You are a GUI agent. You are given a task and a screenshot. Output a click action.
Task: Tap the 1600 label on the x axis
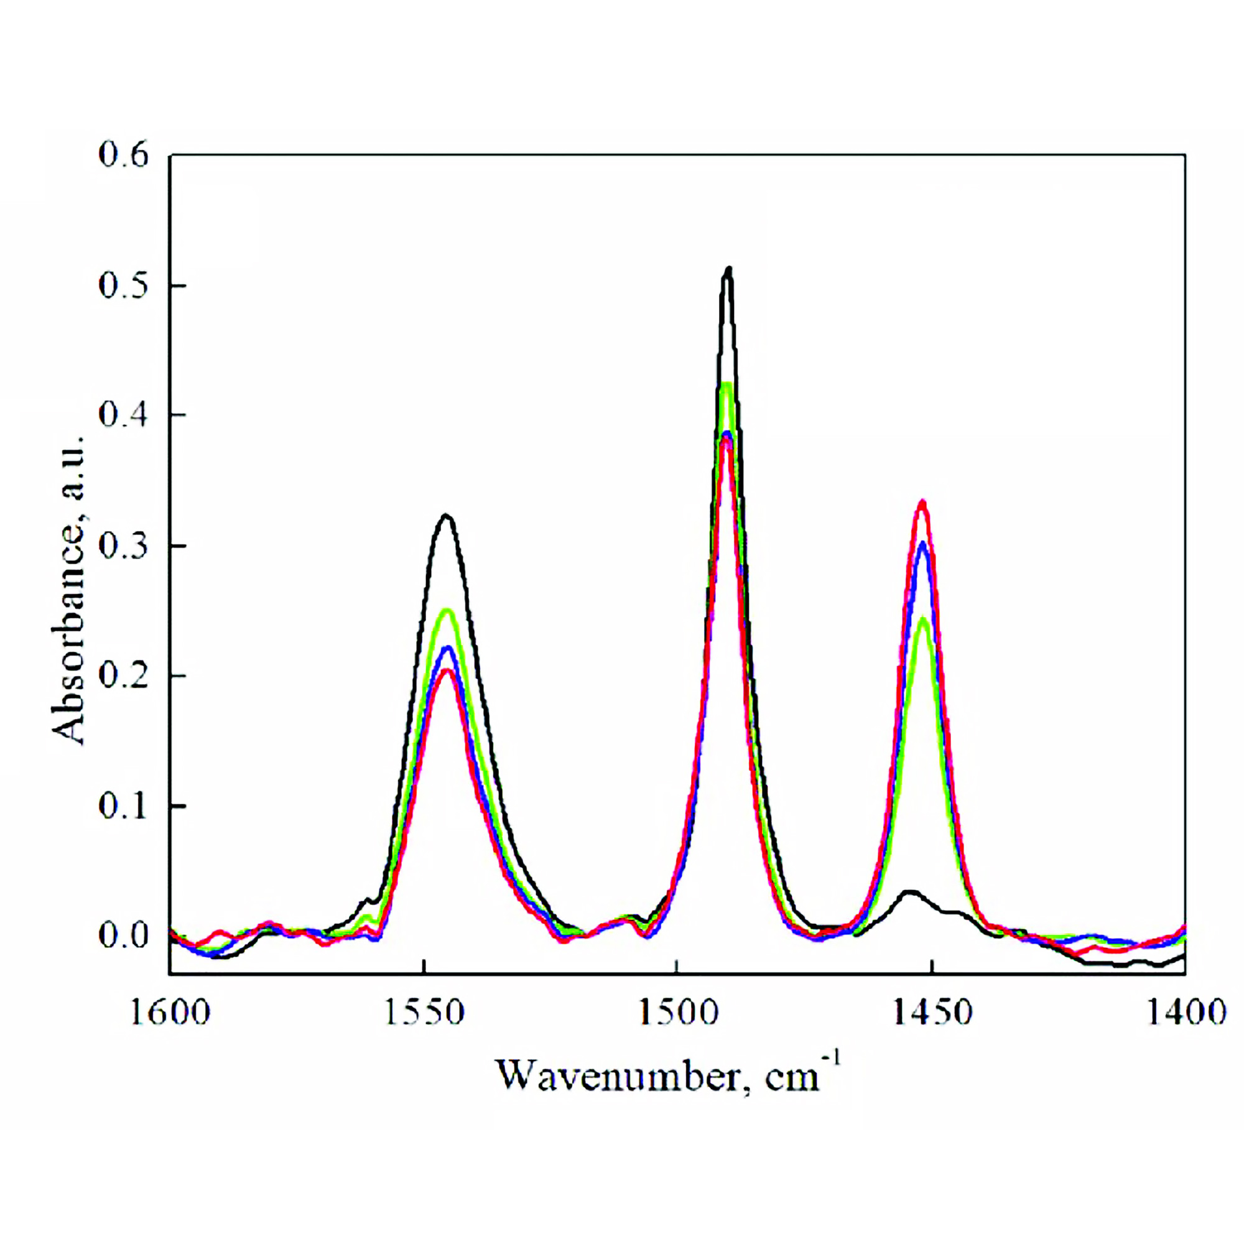[170, 1012]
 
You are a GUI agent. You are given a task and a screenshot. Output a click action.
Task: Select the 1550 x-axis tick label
[424, 1012]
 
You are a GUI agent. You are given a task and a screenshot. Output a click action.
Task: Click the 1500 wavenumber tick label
[677, 1012]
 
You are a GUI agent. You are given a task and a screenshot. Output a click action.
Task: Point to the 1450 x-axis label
[931, 1012]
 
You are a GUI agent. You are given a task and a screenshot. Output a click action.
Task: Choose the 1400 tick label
[1184, 1012]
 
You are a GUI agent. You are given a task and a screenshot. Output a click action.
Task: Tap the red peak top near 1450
[922, 501]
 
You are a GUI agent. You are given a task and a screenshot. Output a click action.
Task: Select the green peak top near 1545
[446, 610]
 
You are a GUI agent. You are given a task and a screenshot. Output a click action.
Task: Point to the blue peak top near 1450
[922, 544]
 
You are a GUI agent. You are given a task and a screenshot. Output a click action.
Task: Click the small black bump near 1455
[910, 893]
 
